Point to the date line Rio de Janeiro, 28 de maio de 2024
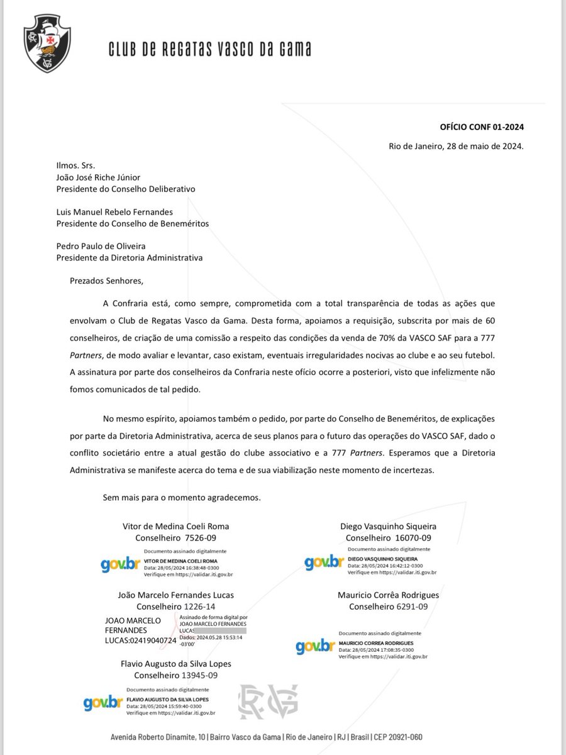coord(456,147)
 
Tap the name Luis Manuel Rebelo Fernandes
coord(114,212)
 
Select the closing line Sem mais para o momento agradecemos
coord(182,497)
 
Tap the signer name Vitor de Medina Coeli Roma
coord(175,527)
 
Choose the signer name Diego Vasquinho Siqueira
coord(388,527)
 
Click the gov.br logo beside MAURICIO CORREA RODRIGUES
coord(316,646)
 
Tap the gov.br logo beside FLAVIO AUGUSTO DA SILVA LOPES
coord(103,702)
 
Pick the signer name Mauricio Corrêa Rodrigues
coord(388,595)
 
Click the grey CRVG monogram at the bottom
coord(267,702)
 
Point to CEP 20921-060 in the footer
coord(399,737)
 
